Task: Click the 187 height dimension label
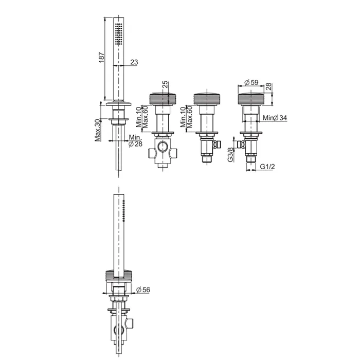coord(101,57)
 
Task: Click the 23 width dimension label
coord(134,62)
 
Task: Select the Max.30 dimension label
coord(98,130)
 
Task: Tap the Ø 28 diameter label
coord(135,144)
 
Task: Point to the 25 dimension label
coord(165,85)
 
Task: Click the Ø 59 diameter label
coord(251,82)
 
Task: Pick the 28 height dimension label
coord(268,86)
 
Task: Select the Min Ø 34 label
coord(275,118)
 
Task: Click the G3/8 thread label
coord(231,154)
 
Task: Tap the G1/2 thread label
coord(267,167)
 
